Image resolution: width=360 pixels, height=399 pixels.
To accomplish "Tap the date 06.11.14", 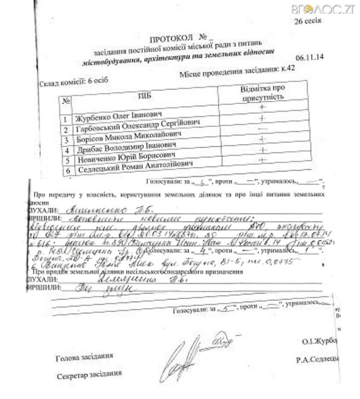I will (309, 57).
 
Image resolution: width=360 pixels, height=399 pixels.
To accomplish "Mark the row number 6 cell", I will (67, 171).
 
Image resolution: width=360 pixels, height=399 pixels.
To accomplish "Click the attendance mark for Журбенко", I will (263, 107).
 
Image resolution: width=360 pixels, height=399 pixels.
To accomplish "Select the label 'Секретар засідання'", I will (89, 375).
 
